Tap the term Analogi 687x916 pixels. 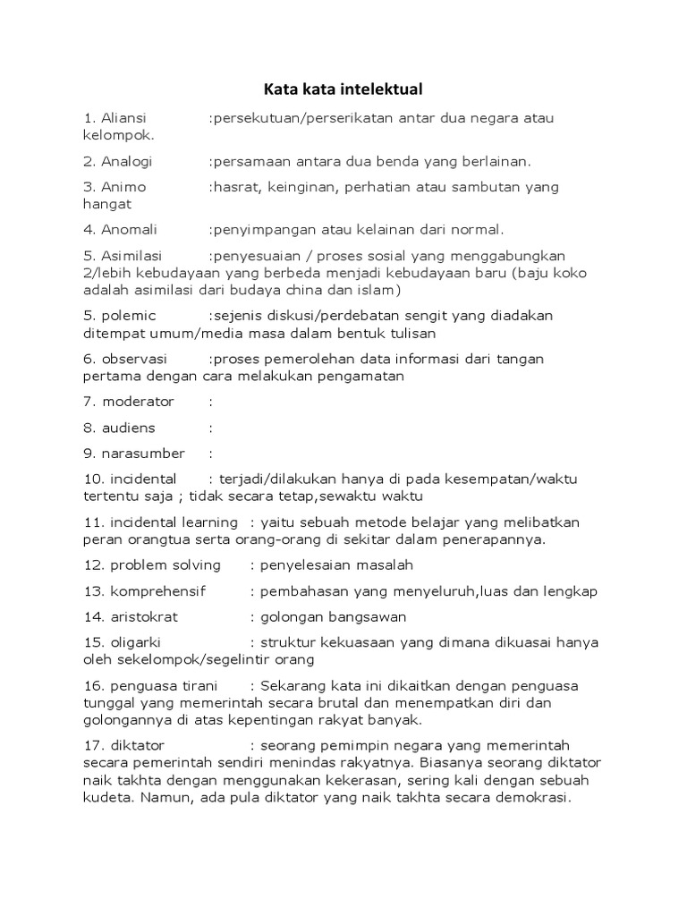[126, 161]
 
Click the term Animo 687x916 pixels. [123, 187]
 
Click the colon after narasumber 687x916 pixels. [211, 454]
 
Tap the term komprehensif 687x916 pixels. [157, 591]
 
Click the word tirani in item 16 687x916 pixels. [195, 686]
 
